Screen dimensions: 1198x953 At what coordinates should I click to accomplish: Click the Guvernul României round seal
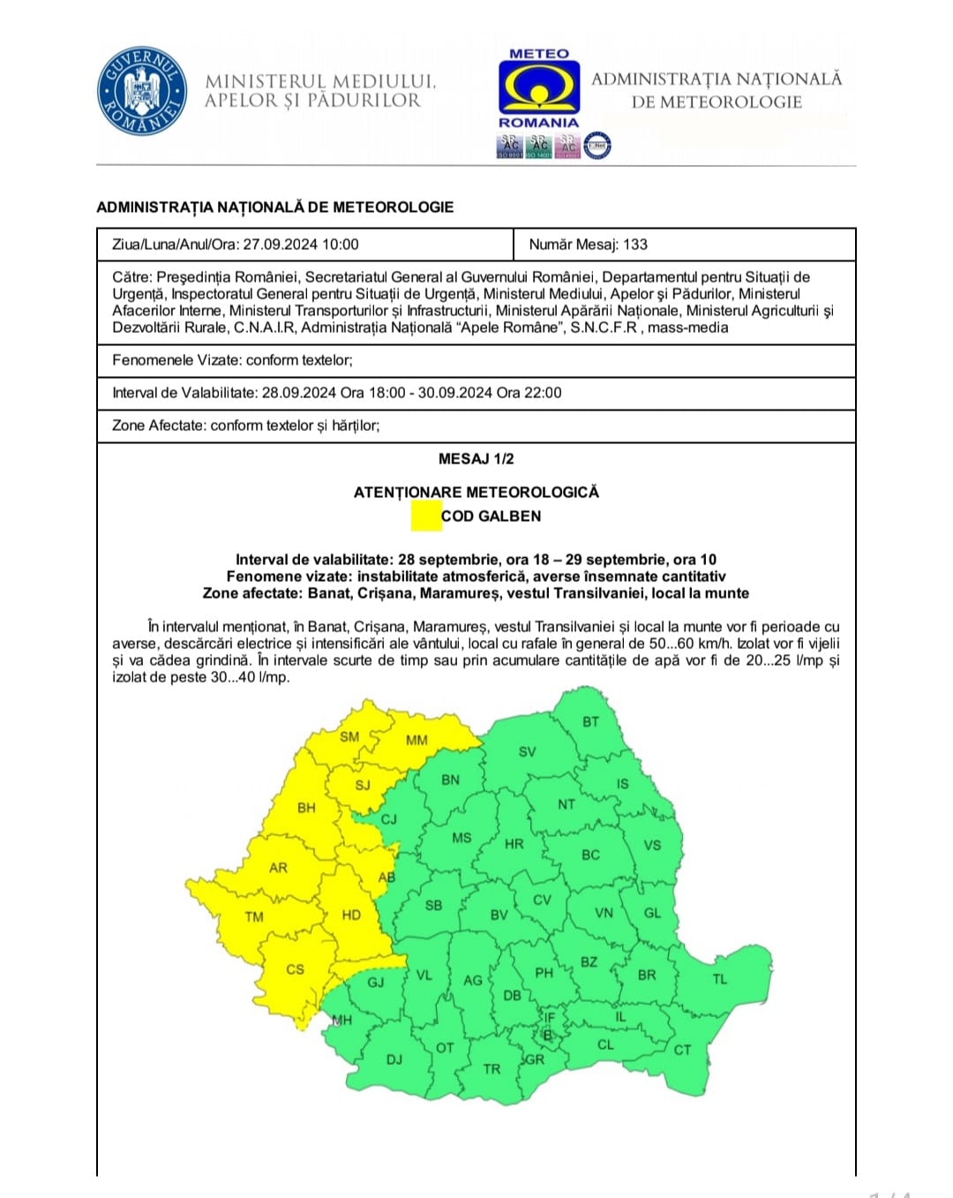141,91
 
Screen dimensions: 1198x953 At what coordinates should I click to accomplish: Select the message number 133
634,245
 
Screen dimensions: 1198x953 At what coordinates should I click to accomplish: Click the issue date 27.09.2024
278,245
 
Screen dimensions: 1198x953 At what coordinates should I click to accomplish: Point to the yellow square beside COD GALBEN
426,516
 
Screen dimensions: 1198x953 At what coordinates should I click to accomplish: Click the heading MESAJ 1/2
476,459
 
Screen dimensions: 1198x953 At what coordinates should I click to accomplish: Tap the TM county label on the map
254,916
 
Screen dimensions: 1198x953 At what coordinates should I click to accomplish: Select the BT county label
590,721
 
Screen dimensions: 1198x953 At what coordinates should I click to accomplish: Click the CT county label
682,1050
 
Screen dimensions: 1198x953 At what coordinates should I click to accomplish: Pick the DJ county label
394,1059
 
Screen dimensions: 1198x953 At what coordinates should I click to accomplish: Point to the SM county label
349,736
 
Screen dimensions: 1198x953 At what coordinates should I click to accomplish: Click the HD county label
351,915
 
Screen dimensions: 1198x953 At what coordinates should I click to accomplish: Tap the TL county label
720,978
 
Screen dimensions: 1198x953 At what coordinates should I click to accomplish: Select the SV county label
527,752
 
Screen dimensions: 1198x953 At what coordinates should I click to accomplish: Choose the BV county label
499,915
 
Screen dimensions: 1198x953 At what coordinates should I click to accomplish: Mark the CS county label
295,969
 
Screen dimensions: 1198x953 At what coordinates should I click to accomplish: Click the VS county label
652,845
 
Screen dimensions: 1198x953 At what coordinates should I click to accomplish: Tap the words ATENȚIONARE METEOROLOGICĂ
476,493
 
